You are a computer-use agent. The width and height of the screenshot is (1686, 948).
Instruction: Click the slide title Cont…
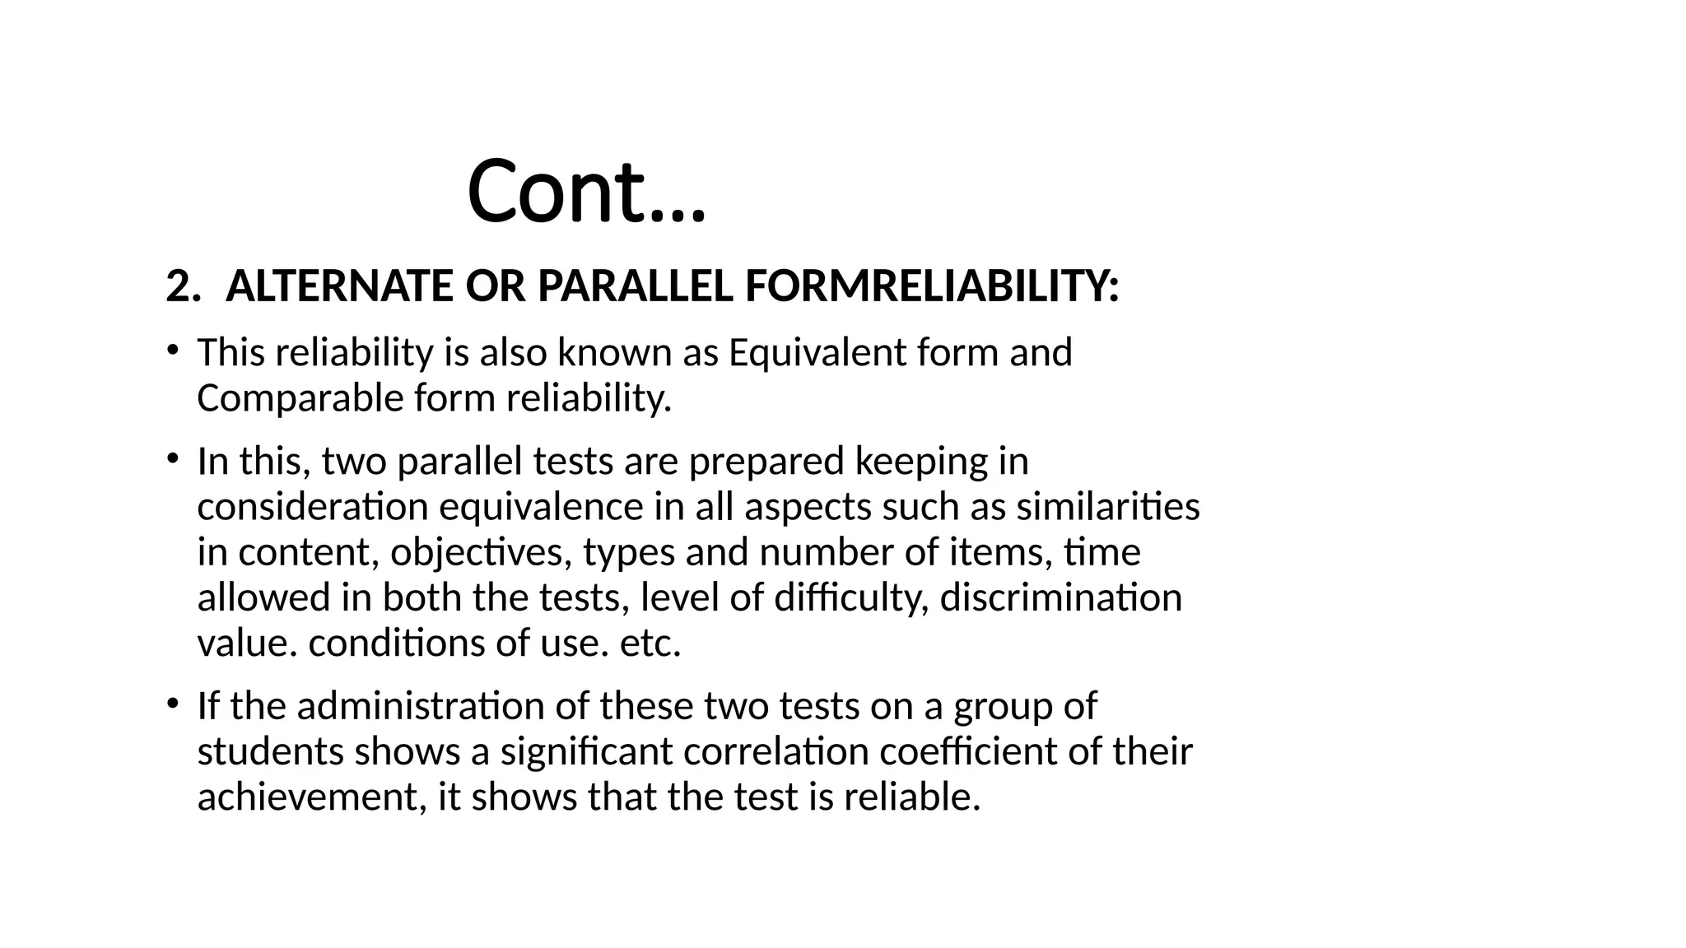[586, 191]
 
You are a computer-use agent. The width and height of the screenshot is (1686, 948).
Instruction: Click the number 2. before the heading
[183, 287]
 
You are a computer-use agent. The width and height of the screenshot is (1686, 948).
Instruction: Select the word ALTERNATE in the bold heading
[339, 287]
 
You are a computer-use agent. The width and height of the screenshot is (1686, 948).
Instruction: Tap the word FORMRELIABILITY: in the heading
[931, 287]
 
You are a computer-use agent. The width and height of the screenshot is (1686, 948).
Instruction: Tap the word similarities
[1108, 507]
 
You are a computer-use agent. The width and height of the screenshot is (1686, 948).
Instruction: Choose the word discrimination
[1060, 597]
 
